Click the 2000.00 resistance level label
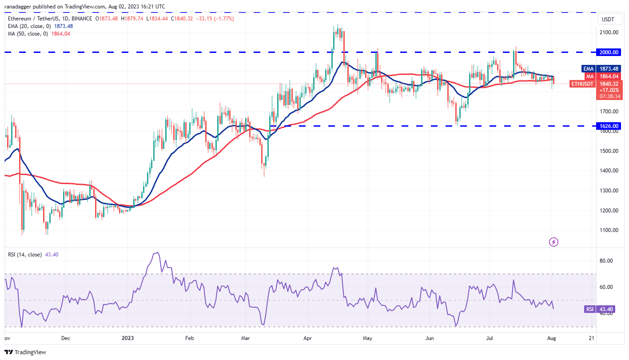(608, 52)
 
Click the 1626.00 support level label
(608, 126)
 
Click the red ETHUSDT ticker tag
(581, 84)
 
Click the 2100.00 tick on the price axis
(608, 32)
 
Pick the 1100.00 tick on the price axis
(608, 230)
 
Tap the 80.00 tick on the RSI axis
(607, 261)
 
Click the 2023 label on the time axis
(128, 338)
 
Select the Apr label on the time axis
(308, 338)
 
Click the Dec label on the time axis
(65, 338)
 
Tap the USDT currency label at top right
(607, 19)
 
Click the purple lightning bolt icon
(553, 242)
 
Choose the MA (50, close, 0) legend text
(27, 33)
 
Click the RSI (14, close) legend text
(25, 255)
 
